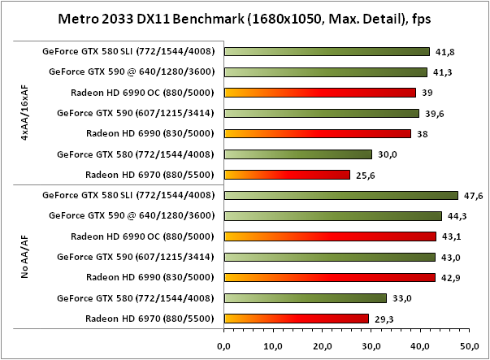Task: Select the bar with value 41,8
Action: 326,51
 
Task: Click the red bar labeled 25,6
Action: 286,174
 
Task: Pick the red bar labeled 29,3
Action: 296,318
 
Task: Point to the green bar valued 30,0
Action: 297,154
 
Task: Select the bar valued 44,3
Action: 332,215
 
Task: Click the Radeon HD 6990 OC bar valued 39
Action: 319,93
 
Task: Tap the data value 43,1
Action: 457,236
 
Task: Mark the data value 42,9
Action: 456,278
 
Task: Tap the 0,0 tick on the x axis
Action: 223,345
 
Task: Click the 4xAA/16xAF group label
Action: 25,113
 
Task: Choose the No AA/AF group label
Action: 25,258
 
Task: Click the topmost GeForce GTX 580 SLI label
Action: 128,51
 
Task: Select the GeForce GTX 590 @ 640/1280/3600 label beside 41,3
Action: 132,72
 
